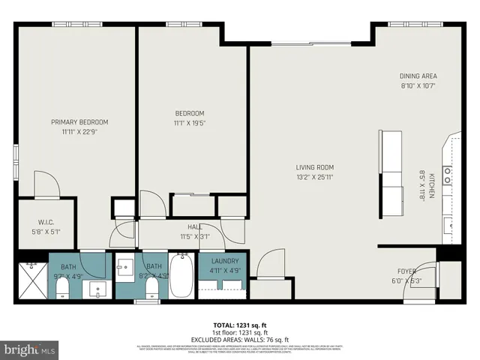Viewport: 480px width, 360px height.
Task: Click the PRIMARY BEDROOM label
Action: point(79,122)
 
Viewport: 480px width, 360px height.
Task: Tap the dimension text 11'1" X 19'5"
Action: point(188,124)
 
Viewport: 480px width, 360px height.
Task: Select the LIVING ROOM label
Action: point(314,167)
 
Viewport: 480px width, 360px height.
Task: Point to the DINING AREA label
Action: point(418,76)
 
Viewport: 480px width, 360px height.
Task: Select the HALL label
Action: point(194,226)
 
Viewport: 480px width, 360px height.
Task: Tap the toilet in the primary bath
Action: point(62,289)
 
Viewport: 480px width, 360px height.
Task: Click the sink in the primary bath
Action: point(97,289)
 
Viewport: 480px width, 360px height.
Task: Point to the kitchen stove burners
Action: point(448,175)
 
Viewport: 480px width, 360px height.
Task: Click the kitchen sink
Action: point(448,223)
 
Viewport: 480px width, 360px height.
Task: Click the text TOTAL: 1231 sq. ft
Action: point(239,325)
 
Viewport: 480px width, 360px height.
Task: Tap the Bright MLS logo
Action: point(30,349)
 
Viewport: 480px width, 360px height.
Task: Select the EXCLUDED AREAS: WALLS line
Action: point(239,339)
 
